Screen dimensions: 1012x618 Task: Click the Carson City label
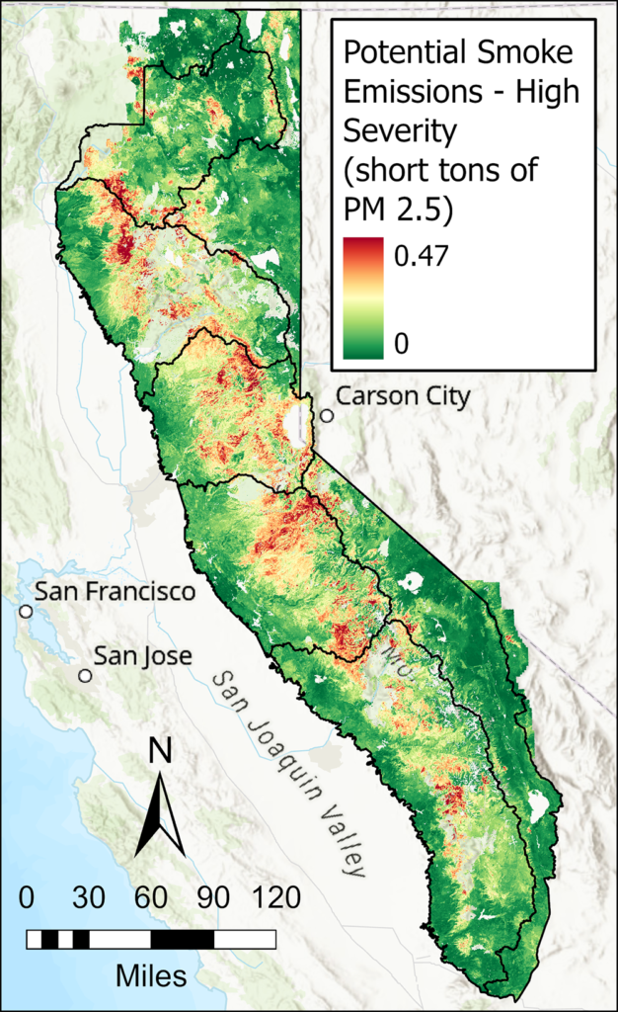(404, 396)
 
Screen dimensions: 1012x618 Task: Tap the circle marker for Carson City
(327, 416)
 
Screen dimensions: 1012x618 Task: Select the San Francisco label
(115, 592)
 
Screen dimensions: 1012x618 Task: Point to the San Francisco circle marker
(26, 612)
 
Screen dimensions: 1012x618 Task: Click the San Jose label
(143, 656)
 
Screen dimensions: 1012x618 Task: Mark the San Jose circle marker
(86, 676)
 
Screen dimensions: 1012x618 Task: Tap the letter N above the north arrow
(159, 752)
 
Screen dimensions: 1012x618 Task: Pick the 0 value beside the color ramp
(401, 343)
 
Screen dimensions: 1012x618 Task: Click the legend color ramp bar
(361, 298)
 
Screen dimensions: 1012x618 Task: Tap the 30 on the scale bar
(89, 898)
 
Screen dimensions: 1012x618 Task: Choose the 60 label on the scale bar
(150, 898)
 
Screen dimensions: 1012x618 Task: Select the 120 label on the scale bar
(277, 898)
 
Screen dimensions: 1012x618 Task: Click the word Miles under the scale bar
(151, 976)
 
